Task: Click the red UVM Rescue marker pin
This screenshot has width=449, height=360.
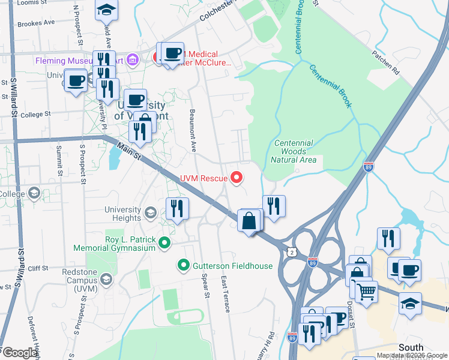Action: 237,178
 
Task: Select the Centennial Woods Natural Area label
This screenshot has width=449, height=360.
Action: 293,151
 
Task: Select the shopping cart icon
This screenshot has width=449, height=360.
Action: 366,293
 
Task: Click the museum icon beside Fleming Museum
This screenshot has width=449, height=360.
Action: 133,61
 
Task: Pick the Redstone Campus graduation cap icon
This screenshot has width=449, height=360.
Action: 106,278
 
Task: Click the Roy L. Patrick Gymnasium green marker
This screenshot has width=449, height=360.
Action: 163,242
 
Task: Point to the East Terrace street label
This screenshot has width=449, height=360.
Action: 225,294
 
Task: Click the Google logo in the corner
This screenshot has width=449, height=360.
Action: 20,352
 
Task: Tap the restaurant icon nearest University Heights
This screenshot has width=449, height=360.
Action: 177,209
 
